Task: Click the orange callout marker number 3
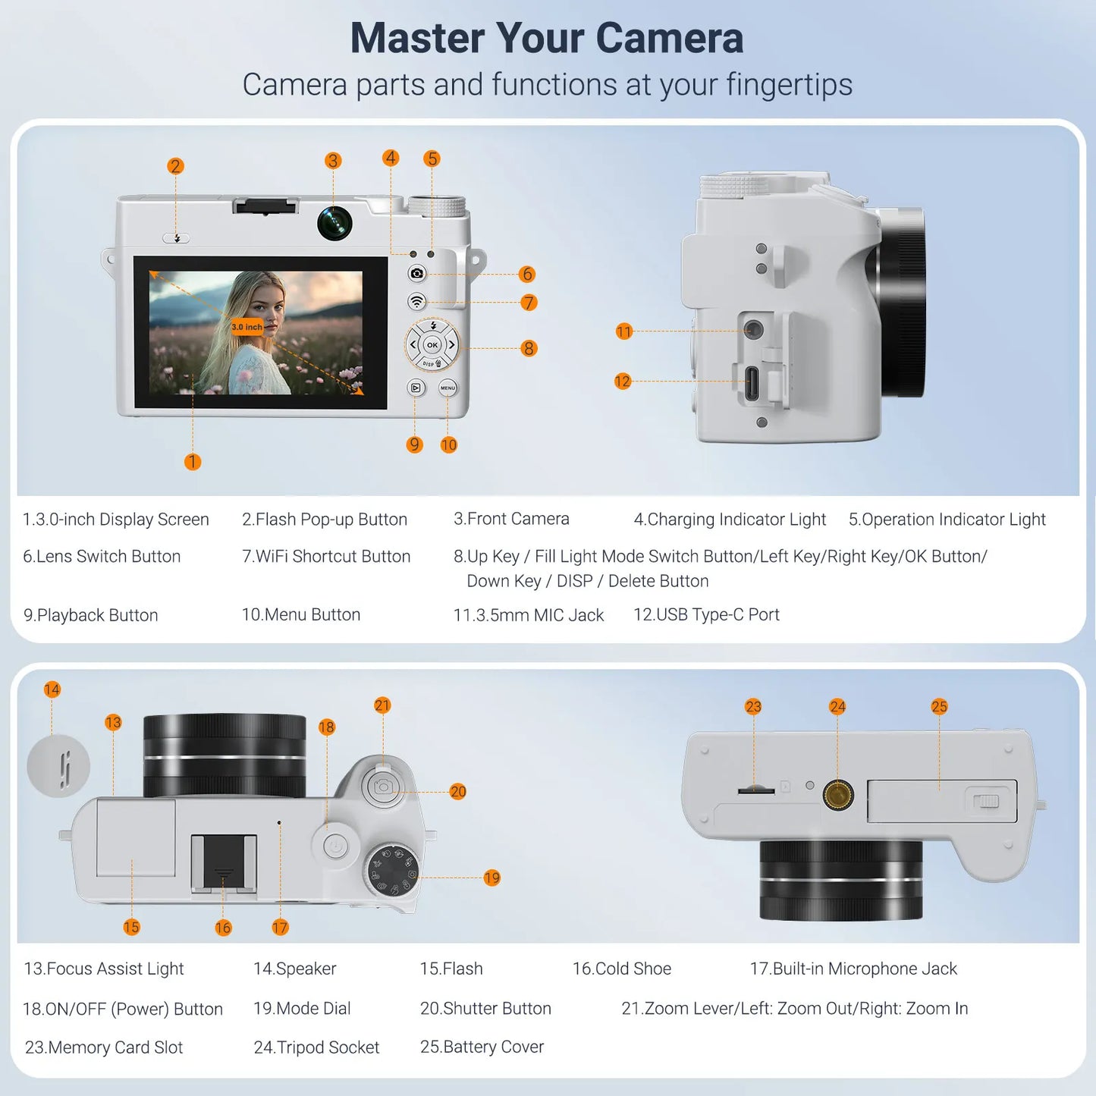(x=332, y=161)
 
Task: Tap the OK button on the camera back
(x=432, y=345)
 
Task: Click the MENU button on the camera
(x=448, y=388)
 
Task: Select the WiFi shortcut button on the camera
(x=416, y=301)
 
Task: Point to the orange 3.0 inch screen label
(x=247, y=327)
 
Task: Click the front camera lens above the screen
(x=334, y=222)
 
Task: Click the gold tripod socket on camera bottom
(x=837, y=795)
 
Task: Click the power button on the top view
(x=335, y=846)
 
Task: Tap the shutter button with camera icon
(x=383, y=787)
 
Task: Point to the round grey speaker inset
(x=58, y=766)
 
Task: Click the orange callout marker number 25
(x=939, y=707)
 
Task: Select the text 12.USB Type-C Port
(x=706, y=614)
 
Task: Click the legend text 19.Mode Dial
(x=302, y=1008)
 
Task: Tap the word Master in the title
(x=416, y=38)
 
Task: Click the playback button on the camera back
(x=416, y=388)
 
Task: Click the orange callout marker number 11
(x=623, y=331)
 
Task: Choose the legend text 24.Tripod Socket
(x=316, y=1047)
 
